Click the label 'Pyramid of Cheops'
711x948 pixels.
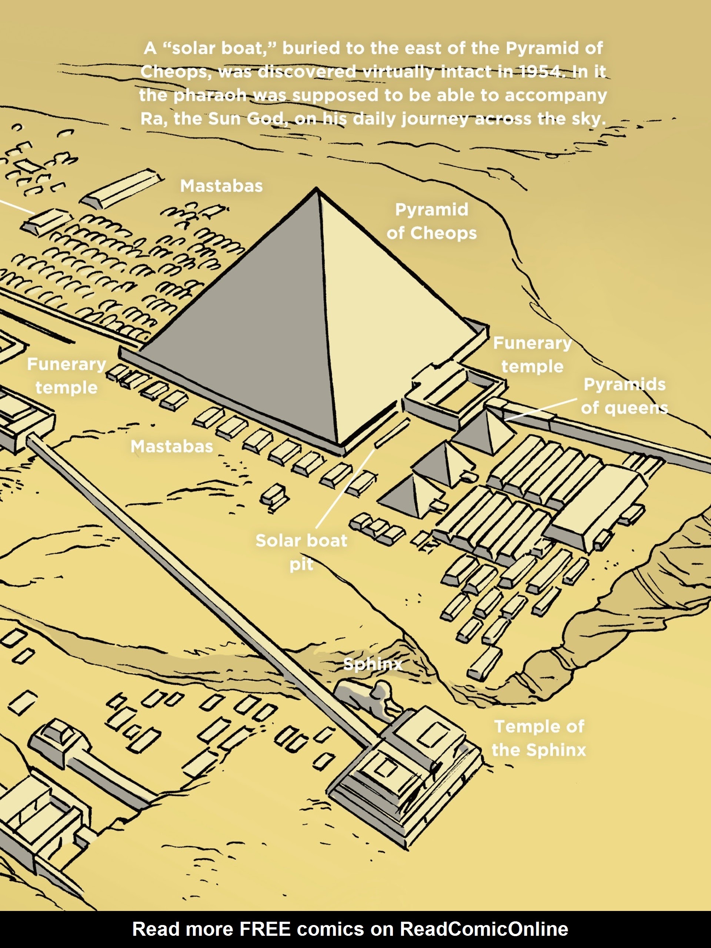coord(431,221)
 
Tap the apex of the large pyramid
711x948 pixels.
coord(317,188)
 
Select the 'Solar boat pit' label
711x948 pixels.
coord(301,552)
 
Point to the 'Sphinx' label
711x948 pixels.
coord(373,664)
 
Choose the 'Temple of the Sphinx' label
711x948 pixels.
coord(539,738)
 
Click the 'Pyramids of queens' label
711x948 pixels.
coord(624,396)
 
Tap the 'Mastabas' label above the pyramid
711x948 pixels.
coord(221,186)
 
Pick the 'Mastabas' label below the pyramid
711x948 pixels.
coord(171,447)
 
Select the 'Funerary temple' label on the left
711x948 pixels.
coord(66,376)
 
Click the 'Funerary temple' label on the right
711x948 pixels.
coord(532,354)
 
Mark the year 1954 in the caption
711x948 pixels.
coord(541,71)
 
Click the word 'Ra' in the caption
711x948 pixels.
coord(151,119)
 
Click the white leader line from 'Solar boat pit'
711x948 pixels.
coord(345,488)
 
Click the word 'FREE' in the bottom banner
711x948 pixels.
coord(264,929)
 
